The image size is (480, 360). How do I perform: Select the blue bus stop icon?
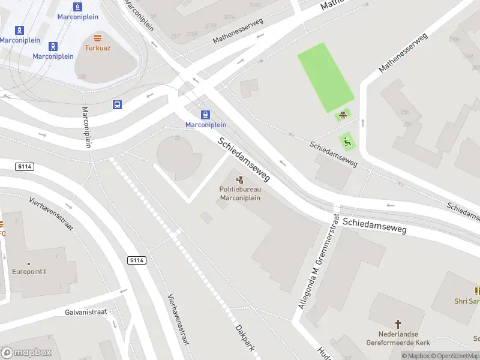pos(118,104)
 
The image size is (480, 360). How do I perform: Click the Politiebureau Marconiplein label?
pos(240,194)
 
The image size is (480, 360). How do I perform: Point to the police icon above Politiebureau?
pos(240,179)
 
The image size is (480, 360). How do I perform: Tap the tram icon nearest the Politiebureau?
pos(206,115)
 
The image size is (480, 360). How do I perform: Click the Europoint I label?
pos(29,271)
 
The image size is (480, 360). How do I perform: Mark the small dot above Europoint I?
pos(29,263)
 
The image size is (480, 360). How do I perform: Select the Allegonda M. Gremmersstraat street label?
pos(318,262)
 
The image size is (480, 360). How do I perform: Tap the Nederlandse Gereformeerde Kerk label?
pos(397,338)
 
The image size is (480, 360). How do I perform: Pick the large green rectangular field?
pos(325,77)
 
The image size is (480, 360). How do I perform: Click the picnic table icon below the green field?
pos(343,116)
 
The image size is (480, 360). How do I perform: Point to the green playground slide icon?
pos(346,142)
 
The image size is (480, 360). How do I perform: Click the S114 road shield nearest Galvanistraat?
pos(136,260)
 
